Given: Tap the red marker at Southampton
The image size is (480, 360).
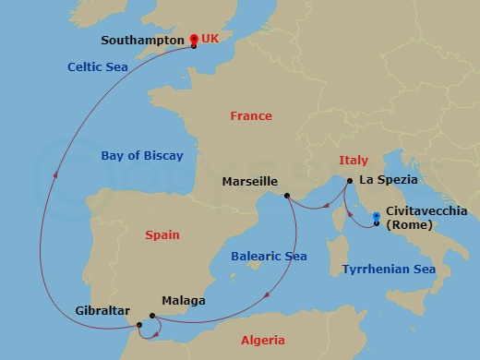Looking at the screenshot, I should [194, 40].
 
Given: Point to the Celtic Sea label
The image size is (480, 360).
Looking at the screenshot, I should [97, 66].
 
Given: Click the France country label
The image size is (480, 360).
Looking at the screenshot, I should [252, 116].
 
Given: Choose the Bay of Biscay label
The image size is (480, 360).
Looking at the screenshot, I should [142, 156].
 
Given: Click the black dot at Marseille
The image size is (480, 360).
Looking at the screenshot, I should [288, 196].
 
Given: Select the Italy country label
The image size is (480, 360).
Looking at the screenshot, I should [354, 160].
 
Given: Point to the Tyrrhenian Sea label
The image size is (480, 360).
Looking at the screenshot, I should [389, 270].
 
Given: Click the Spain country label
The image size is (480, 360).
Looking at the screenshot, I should [162, 235].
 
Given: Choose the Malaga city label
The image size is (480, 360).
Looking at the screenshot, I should [183, 301].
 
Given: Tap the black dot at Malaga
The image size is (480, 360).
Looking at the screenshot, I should [152, 316].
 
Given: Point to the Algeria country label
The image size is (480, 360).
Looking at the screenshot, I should [263, 341].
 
